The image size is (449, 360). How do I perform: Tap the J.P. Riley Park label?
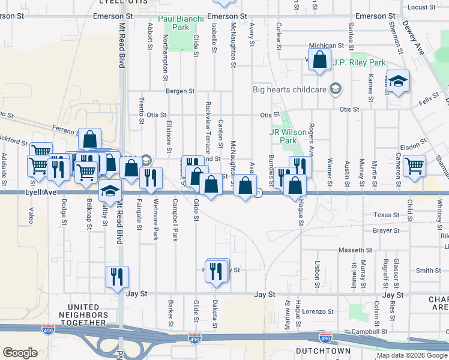click(360, 62)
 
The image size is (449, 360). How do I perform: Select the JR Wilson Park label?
click(283, 136)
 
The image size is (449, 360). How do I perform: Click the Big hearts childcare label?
click(291, 89)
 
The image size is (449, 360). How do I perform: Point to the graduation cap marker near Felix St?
click(398, 80)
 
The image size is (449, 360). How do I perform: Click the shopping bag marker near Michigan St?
click(320, 60)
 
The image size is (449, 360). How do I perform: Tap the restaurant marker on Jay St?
click(117, 277)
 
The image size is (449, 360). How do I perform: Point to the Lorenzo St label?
click(318, 311)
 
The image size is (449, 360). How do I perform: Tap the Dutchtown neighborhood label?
click(319, 350)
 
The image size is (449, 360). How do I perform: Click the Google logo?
click(20, 353)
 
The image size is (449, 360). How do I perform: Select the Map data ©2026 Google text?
click(411, 355)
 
